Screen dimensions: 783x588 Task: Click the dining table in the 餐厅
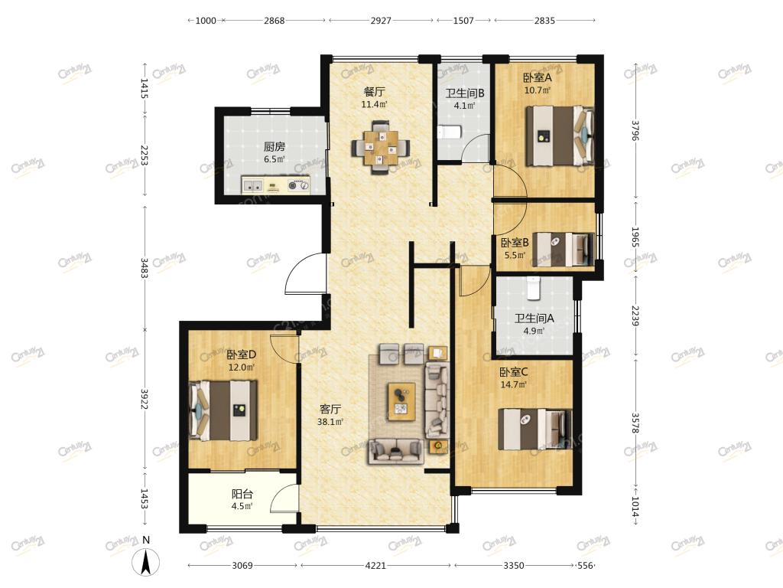(x=381, y=147)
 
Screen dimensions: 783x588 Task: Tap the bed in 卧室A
(x=560, y=136)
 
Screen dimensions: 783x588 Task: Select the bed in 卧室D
(x=223, y=411)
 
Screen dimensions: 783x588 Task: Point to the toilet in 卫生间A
(x=533, y=288)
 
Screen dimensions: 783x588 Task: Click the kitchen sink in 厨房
(x=253, y=185)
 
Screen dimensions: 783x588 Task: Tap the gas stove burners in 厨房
(x=299, y=185)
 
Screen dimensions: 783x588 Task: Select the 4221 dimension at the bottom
(x=375, y=566)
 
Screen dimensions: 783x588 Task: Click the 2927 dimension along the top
(x=381, y=21)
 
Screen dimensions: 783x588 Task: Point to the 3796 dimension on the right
(x=635, y=130)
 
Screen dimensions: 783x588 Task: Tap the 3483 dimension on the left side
(x=145, y=268)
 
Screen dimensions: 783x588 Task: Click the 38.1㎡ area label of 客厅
(x=330, y=422)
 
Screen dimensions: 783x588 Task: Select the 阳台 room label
(x=242, y=494)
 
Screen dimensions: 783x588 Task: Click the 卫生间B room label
(x=465, y=93)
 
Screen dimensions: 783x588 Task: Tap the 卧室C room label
(x=513, y=372)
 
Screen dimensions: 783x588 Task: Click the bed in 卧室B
(x=564, y=249)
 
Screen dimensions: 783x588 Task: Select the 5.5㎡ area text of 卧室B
(x=515, y=255)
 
